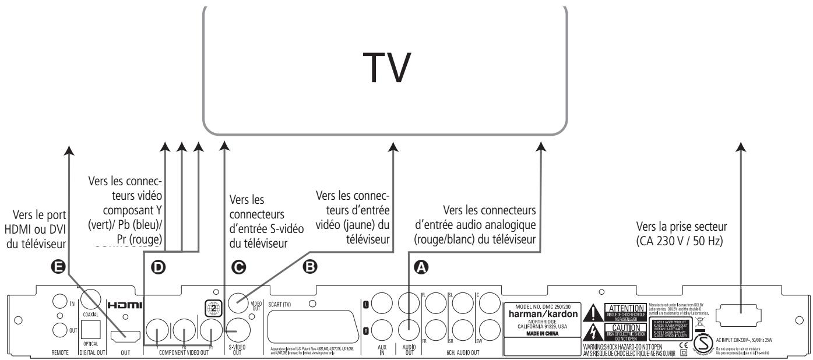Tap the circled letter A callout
coord(421,269)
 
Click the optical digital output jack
coord(90,329)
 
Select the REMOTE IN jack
coord(59,303)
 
